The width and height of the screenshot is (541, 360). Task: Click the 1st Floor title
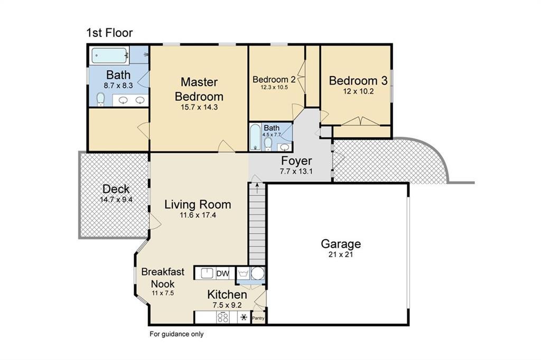pyautogui.click(x=109, y=33)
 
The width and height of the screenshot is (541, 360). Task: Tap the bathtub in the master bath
pyautogui.click(x=110, y=55)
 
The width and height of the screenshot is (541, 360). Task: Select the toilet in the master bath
pyautogui.click(x=100, y=99)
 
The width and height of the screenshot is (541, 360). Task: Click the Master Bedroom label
pyautogui.click(x=199, y=89)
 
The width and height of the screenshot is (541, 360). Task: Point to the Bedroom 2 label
pyautogui.click(x=274, y=80)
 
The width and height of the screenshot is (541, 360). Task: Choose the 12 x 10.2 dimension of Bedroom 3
pyautogui.click(x=358, y=91)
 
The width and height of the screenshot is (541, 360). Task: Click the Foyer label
pyautogui.click(x=296, y=160)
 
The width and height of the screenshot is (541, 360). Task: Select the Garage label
pyautogui.click(x=341, y=244)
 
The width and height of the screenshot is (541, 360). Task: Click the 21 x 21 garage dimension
pyautogui.click(x=341, y=255)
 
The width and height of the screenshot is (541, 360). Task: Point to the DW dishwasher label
pyautogui.click(x=223, y=274)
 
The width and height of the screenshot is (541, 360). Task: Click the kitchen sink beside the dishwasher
pyautogui.click(x=207, y=273)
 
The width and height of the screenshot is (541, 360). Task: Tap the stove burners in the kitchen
pyautogui.click(x=222, y=317)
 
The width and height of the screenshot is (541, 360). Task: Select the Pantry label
pyautogui.click(x=258, y=318)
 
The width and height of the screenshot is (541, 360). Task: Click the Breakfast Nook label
pyautogui.click(x=163, y=278)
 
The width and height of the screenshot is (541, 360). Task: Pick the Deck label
pyautogui.click(x=116, y=189)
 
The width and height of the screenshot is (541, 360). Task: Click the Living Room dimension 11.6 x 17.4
pyautogui.click(x=198, y=215)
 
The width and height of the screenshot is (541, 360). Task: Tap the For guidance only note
pyautogui.click(x=176, y=334)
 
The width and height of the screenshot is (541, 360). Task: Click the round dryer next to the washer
pyautogui.click(x=257, y=274)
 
